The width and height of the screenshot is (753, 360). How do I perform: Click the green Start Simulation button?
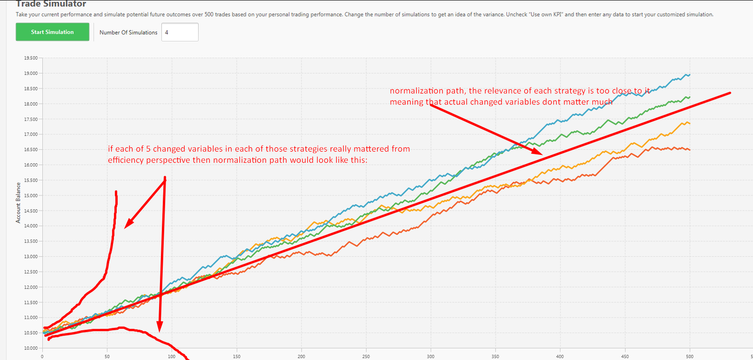pos(52,32)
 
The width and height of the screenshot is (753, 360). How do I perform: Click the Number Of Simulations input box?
pos(180,32)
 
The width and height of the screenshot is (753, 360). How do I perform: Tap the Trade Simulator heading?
pos(51,4)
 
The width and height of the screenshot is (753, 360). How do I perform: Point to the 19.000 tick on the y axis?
pos(31,73)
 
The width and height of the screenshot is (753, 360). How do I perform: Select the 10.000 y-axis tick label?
pos(31,348)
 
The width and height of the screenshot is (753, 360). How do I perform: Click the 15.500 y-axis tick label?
pos(31,180)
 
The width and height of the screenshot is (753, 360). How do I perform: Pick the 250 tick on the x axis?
pos(366,356)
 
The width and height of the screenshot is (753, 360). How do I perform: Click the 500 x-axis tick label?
pos(690,356)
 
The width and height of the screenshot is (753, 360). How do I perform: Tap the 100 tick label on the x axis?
pos(172,356)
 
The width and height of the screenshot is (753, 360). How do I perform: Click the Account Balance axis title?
pos(18,202)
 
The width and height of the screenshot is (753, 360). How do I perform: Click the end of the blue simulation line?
pos(690,74)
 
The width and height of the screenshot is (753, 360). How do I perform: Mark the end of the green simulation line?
pos(690,97)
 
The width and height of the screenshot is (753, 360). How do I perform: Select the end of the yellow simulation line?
pos(690,123)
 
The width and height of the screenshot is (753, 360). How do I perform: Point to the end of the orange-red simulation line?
pos(690,150)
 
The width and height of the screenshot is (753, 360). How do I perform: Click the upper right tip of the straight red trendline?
pos(730,93)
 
